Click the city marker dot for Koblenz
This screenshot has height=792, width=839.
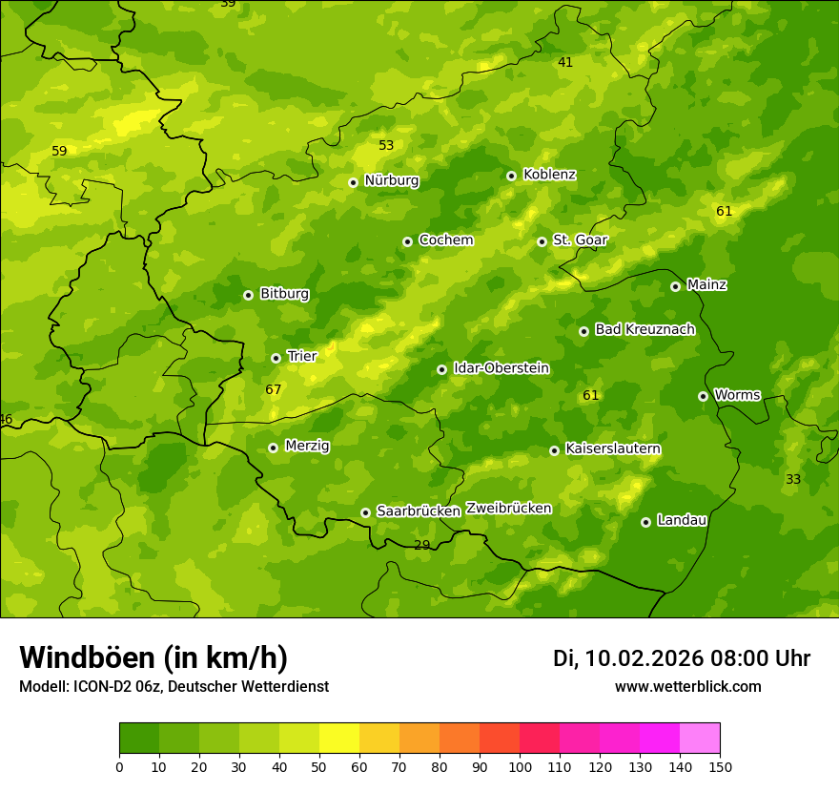[511, 176]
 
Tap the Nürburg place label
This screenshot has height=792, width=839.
[391, 180]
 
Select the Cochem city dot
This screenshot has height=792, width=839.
[407, 241]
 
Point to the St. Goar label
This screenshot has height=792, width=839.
[580, 240]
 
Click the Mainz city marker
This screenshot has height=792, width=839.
[675, 286]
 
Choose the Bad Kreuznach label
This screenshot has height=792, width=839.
[645, 329]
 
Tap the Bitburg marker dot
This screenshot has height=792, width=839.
[248, 295]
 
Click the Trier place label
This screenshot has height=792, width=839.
[301, 356]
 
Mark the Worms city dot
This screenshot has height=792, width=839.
[703, 396]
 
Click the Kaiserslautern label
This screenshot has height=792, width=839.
[613, 448]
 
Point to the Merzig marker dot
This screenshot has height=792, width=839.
[273, 448]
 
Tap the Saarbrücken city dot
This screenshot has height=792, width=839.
[365, 512]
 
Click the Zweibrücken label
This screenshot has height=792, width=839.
[508, 509]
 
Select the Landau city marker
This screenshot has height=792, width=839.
[645, 522]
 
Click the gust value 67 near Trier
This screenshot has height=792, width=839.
[274, 390]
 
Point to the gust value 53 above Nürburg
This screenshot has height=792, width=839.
[386, 146]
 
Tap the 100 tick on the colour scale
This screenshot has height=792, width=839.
[520, 766]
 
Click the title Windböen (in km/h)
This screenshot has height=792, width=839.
[153, 657]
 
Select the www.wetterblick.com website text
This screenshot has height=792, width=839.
[687, 687]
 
